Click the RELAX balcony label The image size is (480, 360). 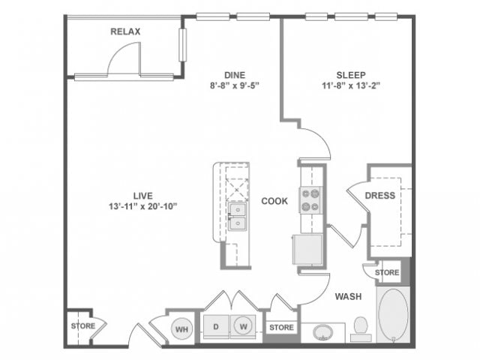125,31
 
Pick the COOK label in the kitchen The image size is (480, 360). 275,201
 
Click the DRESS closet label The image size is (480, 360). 379,196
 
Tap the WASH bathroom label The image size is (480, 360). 348,296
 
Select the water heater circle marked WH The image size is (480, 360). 181,327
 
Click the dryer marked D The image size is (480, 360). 214,327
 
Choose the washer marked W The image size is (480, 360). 242,327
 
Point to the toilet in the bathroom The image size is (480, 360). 360,327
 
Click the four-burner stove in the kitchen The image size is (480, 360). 310,199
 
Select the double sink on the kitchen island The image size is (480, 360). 238,216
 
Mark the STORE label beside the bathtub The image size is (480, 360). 387,272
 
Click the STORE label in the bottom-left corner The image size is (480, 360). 82,326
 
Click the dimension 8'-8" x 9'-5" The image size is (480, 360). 234,86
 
